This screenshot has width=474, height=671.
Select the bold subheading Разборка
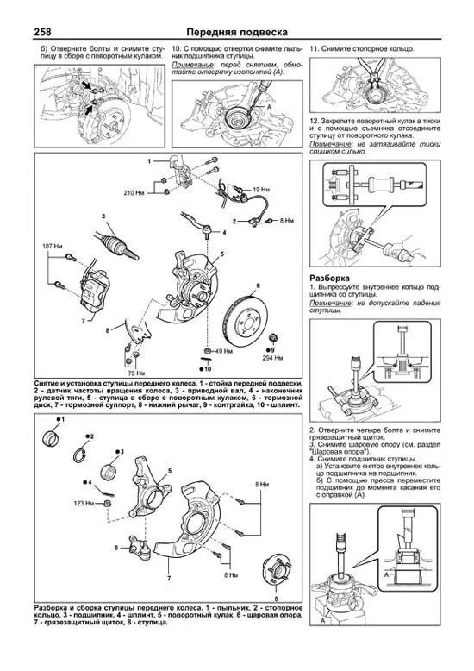tap(328, 279)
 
